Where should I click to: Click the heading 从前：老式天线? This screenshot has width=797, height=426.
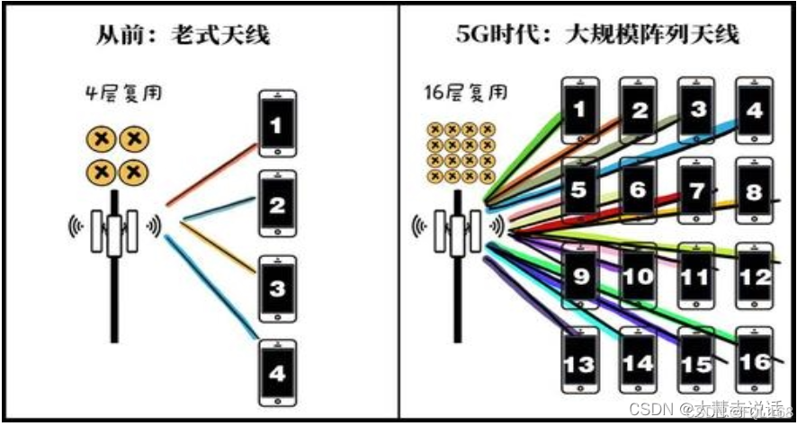[x=184, y=36]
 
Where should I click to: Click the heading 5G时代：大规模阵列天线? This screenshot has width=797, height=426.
[x=596, y=36]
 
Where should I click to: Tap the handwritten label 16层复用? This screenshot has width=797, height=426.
[x=464, y=93]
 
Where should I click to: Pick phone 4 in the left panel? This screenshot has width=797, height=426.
[x=276, y=371]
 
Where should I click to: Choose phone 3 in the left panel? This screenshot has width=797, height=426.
[x=276, y=288]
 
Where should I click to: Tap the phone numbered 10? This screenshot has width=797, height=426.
[x=638, y=275]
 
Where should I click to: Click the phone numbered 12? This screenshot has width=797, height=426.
[x=754, y=275]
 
